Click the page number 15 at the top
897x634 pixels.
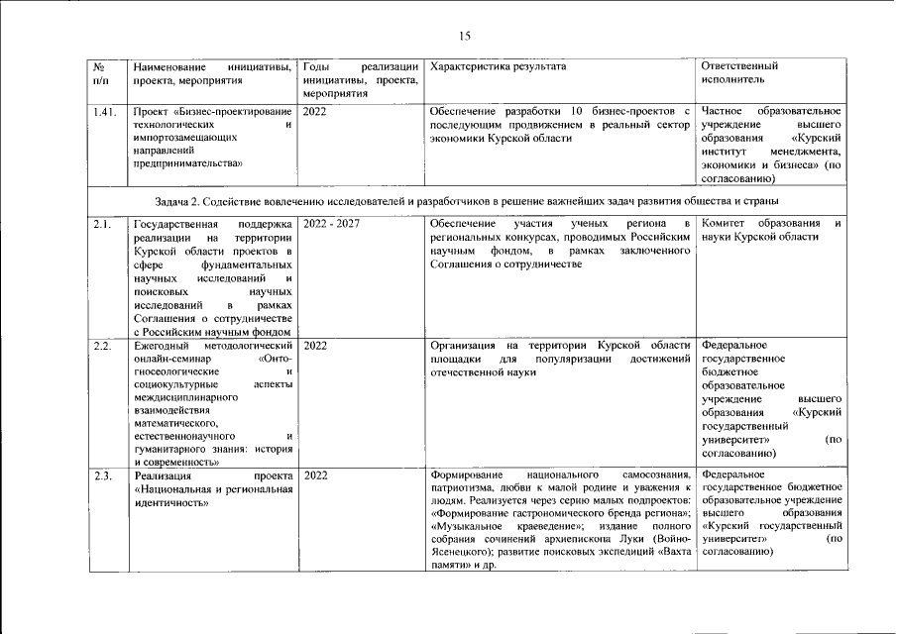464,37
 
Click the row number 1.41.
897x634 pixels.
103,111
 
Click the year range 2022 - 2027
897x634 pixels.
331,224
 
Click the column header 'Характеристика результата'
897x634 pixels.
499,66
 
